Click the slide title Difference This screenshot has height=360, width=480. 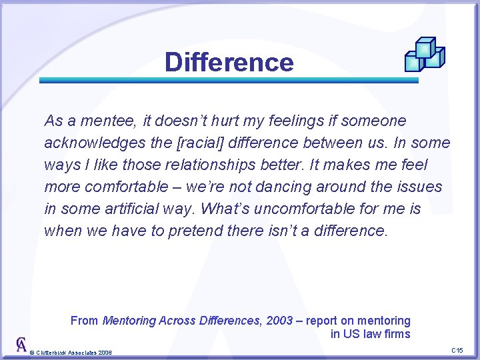pyautogui.click(x=229, y=63)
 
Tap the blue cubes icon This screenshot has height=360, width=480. pyautogui.click(x=425, y=55)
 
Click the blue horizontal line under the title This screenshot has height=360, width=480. pyautogui.click(x=229, y=81)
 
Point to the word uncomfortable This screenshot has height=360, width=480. pyautogui.click(x=308, y=209)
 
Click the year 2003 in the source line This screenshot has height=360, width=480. pyautogui.click(x=279, y=321)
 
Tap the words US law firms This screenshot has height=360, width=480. pyautogui.click(x=377, y=334)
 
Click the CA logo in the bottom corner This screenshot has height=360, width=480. pyautogui.click(x=21, y=345)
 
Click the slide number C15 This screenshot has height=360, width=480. pyautogui.click(x=457, y=351)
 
